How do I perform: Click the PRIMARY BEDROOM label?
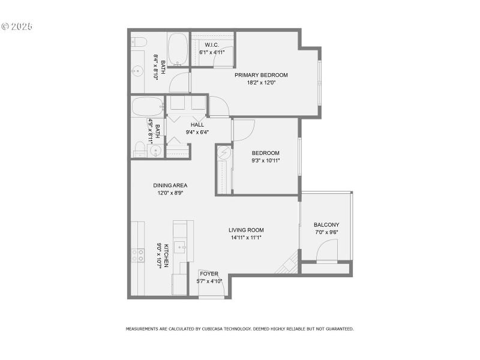pos(261,75)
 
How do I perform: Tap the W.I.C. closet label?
pos(211,45)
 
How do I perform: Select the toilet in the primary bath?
pos(139,41)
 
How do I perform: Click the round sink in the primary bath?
pos(137,71)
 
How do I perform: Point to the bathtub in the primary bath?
pos(177,49)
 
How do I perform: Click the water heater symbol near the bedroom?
pos(224,153)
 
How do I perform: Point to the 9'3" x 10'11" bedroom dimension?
pos(266,161)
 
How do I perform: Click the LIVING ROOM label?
pos(246,230)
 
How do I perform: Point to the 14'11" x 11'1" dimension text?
pos(246,237)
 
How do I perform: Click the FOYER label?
pos(209,274)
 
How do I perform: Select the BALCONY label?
pos(326,225)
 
